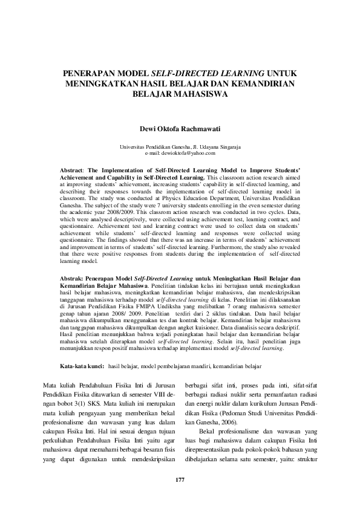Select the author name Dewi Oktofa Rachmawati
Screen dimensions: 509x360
[x=180, y=129]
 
